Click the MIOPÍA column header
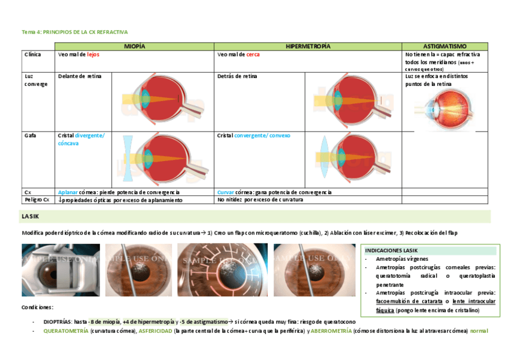tap(135, 46)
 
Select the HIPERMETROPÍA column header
tap(308, 46)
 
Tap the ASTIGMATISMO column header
tap(445, 46)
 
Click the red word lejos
tap(93, 55)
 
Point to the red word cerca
tap(253, 55)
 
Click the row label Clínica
tap(32, 55)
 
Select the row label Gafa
tap(30, 136)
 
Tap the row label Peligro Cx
tap(36, 200)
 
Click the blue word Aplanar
tap(68, 192)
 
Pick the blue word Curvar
tap(226, 192)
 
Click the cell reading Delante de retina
tap(80, 77)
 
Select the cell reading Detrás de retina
tap(237, 77)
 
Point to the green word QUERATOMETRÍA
tap(65, 331)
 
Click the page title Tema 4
tap(75, 31)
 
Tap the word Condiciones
tap(38, 307)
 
